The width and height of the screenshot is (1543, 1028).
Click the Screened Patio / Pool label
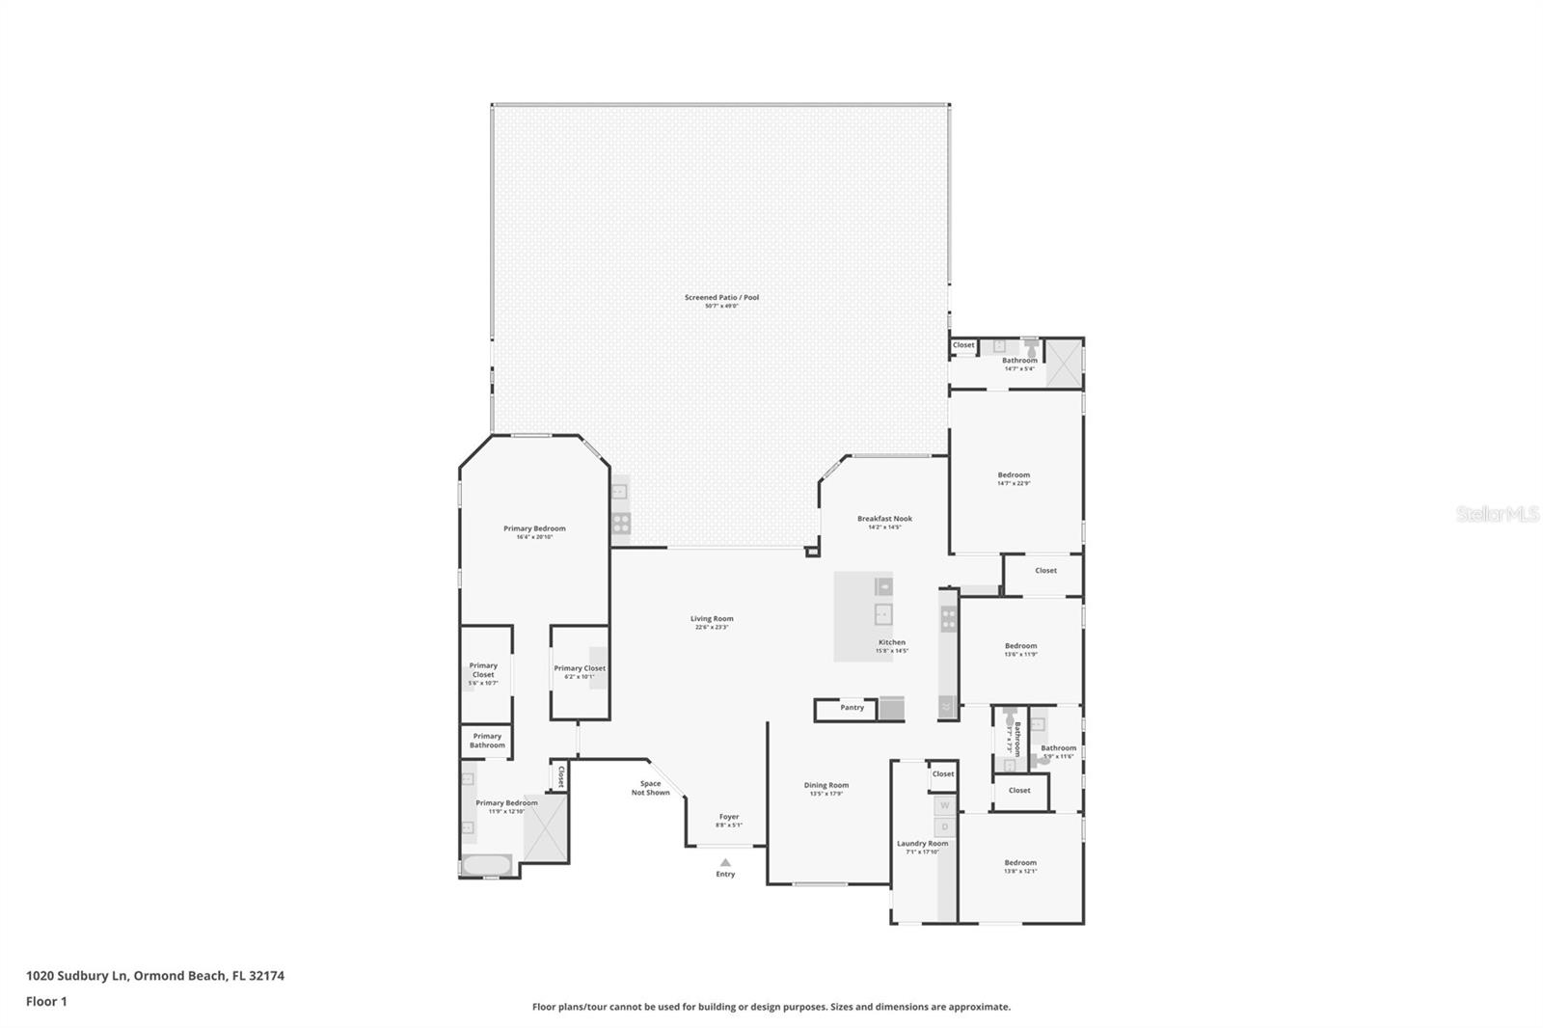point(721,297)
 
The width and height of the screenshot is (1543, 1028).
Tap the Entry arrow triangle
point(725,862)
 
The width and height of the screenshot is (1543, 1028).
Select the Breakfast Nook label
point(884,519)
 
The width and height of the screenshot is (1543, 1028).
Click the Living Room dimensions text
point(712,628)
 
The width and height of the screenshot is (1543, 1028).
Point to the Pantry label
point(852,708)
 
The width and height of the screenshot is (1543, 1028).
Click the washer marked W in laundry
point(945,805)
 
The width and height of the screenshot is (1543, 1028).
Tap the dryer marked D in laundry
point(945,826)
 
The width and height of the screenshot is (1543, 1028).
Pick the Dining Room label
point(826,785)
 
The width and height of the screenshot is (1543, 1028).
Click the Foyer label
point(729,817)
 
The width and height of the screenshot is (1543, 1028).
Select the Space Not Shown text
point(651,788)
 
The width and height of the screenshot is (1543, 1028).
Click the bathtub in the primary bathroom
point(487,865)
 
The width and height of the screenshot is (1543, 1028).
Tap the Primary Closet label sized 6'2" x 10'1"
point(580,668)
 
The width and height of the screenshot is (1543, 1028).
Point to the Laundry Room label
point(922,844)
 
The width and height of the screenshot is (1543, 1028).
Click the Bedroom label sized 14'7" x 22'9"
point(1014,474)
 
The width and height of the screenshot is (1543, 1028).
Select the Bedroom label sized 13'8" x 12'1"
point(1020,863)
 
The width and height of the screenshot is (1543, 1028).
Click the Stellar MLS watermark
point(1497,515)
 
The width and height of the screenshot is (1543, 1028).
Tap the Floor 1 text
point(46,1001)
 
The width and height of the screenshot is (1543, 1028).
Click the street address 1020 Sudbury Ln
point(77,975)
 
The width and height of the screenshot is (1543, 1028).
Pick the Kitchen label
point(891,642)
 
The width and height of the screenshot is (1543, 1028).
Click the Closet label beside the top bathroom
point(963,345)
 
